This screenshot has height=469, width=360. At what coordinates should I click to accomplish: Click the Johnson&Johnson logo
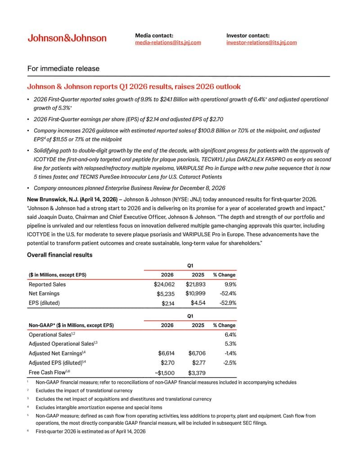[67, 38]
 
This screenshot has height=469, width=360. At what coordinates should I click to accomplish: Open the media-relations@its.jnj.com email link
[168, 42]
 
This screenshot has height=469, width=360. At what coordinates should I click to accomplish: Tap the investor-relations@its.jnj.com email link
[261, 42]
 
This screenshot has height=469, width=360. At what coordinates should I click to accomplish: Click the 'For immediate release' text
[63, 68]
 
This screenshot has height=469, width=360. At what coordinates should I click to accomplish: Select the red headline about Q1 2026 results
[134, 86]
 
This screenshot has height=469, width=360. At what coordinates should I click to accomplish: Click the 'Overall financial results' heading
[60, 255]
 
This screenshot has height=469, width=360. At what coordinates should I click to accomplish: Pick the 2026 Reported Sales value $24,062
[164, 284]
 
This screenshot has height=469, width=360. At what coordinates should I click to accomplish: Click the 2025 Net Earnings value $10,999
[195, 293]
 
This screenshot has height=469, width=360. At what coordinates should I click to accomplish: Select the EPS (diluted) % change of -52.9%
[227, 303]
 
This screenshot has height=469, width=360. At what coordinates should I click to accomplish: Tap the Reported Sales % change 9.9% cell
[229, 284]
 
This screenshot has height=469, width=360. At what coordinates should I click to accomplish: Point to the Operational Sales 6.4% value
[230, 334]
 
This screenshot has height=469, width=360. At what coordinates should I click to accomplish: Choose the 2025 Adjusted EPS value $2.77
[198, 362]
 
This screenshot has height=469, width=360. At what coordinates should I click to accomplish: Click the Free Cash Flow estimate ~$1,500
[164, 372]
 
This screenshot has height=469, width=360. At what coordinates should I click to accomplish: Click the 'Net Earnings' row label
[44, 293]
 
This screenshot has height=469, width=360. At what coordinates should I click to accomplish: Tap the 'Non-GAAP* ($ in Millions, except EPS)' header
[71, 325]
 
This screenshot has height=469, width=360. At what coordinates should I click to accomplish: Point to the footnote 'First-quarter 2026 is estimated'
[90, 431]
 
